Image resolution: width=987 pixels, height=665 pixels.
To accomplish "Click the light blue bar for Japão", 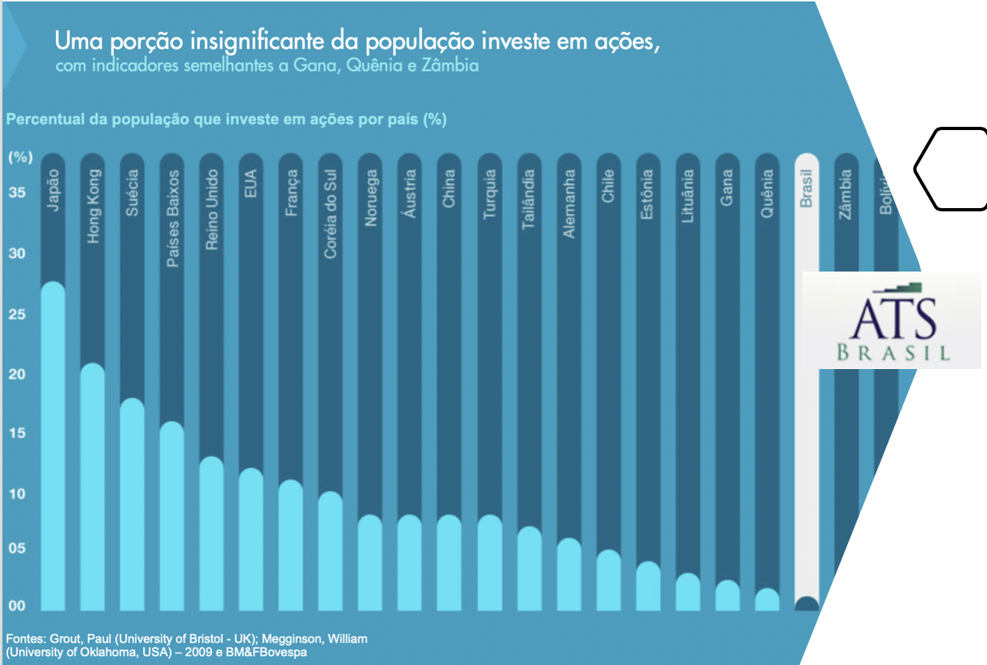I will tap(53, 447).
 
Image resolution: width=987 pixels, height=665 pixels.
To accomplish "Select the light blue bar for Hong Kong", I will tap(93, 488).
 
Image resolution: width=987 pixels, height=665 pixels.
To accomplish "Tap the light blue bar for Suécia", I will tap(133, 504).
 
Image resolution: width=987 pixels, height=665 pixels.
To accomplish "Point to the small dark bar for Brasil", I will tap(806, 604).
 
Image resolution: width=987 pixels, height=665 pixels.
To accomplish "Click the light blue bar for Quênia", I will tap(767, 600).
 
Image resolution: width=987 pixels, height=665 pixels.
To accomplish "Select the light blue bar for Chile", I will tap(608, 580).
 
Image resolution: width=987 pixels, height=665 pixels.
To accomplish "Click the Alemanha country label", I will tap(569, 203).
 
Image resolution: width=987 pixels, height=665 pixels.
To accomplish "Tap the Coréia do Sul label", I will tap(331, 214).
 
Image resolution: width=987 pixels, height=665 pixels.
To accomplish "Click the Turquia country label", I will tap(489, 194).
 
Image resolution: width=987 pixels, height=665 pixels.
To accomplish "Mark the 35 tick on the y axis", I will tap(17, 193).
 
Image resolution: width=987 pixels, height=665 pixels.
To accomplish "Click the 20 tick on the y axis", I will tap(17, 374).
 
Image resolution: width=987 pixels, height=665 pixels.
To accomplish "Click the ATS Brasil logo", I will tap(891, 319).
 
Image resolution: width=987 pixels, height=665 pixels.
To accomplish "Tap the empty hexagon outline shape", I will tap(951, 168).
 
